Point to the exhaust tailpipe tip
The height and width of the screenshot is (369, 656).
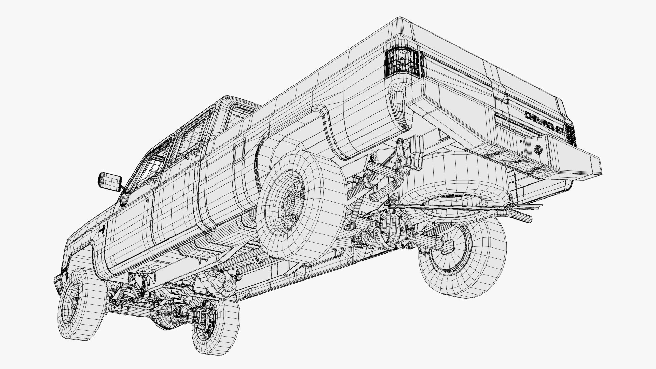[x=524, y=217]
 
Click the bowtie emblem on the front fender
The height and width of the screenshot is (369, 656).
[x=102, y=230]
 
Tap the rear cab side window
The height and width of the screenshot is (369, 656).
[x=190, y=137]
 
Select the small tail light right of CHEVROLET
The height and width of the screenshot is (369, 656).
[x=570, y=134]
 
